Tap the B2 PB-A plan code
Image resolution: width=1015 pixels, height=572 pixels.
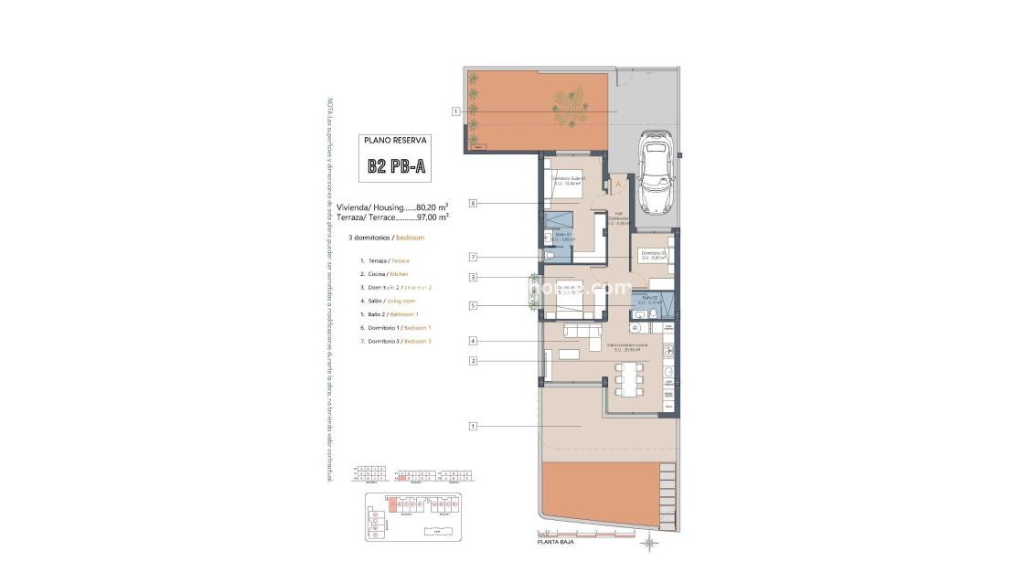coord(396,166)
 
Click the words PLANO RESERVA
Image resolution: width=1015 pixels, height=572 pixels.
coord(395,141)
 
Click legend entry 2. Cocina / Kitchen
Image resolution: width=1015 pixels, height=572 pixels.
coord(384,274)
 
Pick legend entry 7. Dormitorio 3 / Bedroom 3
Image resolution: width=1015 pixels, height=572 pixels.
coord(396,341)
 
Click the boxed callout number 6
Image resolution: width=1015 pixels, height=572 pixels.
coord(473,203)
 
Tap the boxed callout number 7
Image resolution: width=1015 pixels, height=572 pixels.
coord(473,258)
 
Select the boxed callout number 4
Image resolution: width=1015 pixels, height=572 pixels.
coord(473,342)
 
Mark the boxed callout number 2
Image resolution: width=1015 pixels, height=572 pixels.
coord(473,361)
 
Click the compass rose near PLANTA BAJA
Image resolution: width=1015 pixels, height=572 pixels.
coord(649,545)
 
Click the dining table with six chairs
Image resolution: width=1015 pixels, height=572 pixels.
coord(629,377)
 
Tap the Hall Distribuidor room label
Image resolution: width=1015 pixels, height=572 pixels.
coord(619,219)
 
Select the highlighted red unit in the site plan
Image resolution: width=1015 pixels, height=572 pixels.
coord(393,503)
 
